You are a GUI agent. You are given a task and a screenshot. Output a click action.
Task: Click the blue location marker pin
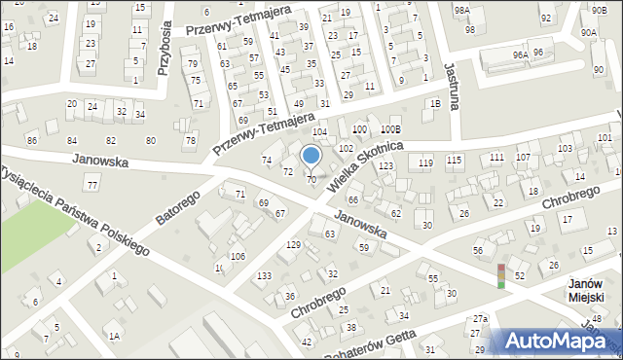(311, 157)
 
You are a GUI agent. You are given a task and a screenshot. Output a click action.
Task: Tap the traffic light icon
(501, 275)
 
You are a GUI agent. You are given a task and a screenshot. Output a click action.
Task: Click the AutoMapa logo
(560, 341)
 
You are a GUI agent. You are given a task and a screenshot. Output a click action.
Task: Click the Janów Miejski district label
(587, 291)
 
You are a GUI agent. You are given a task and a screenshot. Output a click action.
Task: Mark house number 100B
(391, 129)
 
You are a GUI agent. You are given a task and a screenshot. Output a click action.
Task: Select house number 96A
(521, 55)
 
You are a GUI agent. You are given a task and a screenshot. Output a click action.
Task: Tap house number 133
(264, 276)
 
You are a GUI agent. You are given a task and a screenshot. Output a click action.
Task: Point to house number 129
(293, 244)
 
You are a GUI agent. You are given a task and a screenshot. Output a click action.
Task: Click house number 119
(425, 162)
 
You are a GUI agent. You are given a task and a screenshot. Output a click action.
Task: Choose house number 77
(92, 185)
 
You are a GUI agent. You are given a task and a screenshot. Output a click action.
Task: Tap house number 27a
(480, 318)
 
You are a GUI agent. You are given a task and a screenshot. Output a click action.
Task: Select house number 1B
(435, 104)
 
